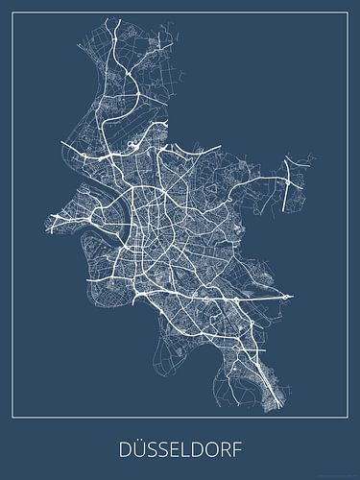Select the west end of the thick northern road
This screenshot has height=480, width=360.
pyautogui.click(x=63, y=144)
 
